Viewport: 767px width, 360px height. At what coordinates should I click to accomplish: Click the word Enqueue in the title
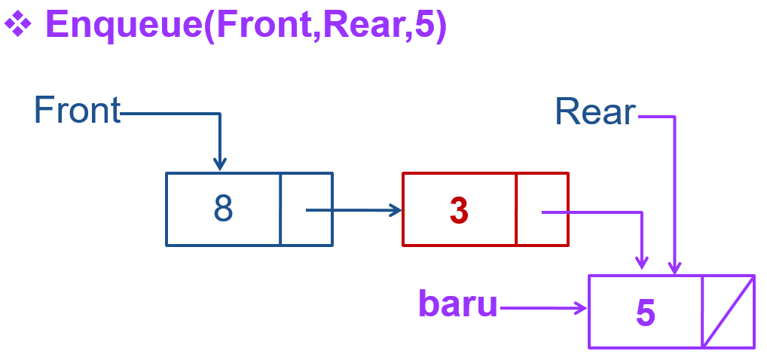pyautogui.click(x=125, y=26)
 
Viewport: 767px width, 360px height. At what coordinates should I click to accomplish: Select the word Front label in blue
pyautogui.click(x=77, y=111)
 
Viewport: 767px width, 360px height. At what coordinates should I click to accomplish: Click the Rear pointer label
pyautogui.click(x=595, y=112)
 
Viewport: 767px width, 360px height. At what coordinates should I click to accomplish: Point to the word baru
pyautogui.click(x=458, y=304)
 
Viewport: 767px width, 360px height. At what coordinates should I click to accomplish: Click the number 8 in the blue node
pyautogui.click(x=223, y=209)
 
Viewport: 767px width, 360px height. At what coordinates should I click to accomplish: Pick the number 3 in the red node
pyautogui.click(x=459, y=212)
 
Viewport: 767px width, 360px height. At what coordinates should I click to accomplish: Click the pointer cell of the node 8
pyautogui.click(x=306, y=209)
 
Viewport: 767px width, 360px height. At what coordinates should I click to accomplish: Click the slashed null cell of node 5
pyautogui.click(x=728, y=312)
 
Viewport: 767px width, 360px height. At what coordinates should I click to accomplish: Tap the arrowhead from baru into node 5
pyautogui.click(x=580, y=307)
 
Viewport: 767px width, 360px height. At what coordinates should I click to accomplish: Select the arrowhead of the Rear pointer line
pyautogui.click(x=675, y=267)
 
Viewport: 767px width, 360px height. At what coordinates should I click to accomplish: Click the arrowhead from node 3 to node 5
pyautogui.click(x=641, y=261)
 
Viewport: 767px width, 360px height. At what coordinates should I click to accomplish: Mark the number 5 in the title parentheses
pyautogui.click(x=420, y=26)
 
